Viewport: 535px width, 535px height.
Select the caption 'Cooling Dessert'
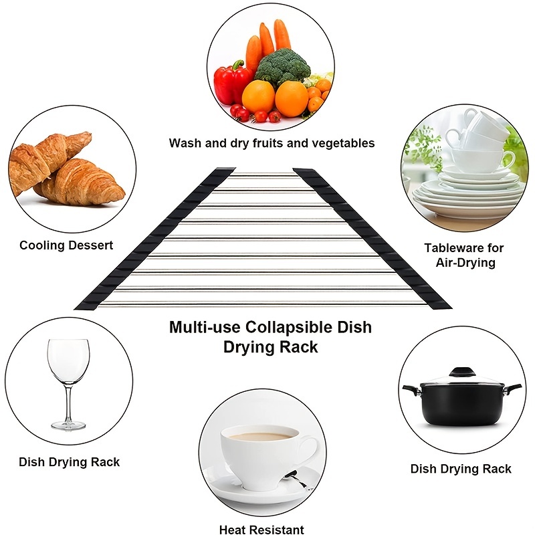[x=66, y=245]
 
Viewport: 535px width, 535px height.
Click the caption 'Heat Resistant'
[x=261, y=530]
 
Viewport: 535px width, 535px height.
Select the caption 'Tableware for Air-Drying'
[x=464, y=255]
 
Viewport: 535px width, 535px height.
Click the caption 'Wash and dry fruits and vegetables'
[x=272, y=143]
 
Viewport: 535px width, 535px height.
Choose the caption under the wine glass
[x=69, y=461]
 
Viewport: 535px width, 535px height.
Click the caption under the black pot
[x=461, y=468]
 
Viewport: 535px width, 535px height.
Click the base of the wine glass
[x=68, y=424]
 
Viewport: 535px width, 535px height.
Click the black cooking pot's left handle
[x=408, y=389]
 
